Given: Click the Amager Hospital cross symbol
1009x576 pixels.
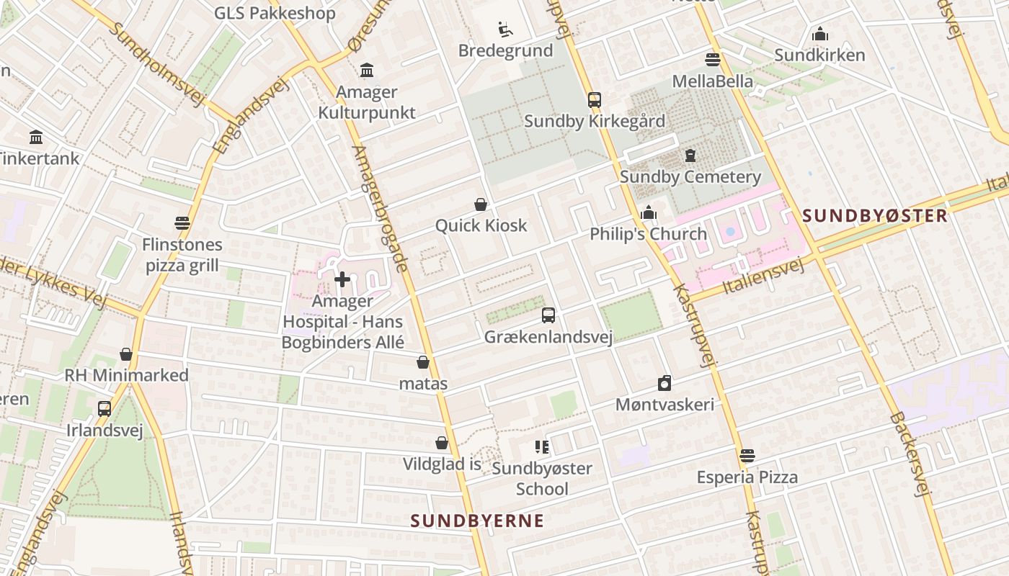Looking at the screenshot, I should [x=342, y=279].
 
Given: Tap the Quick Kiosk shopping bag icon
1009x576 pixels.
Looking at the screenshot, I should [x=481, y=205].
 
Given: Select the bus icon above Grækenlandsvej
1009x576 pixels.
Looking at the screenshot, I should [x=548, y=315].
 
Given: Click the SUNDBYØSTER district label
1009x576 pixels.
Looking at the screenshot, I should [x=875, y=215].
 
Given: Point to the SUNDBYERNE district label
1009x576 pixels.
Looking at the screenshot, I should [x=477, y=521].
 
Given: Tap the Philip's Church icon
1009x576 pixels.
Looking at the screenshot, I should [x=649, y=213].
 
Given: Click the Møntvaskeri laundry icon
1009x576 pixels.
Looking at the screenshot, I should [x=664, y=383].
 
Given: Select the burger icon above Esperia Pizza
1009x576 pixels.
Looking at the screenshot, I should [x=747, y=456].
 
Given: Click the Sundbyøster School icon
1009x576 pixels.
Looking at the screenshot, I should [x=542, y=447].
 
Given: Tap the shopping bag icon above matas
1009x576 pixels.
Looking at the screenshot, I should [x=423, y=362].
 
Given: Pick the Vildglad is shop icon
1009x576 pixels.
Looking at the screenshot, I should [x=442, y=443].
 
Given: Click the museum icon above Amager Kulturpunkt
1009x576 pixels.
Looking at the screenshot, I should [x=367, y=71].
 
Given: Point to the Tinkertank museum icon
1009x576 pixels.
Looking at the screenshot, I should [x=36, y=137].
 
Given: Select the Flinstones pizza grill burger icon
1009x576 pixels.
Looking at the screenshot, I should [x=182, y=223].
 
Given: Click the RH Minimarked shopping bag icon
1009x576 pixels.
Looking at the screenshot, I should [x=126, y=354].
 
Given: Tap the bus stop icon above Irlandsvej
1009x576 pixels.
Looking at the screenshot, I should [x=105, y=409].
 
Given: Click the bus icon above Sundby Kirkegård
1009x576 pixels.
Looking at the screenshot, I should [x=595, y=100].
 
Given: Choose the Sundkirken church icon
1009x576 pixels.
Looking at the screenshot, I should [x=819, y=34].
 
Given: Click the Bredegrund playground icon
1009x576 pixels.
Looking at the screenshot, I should [x=505, y=30].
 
